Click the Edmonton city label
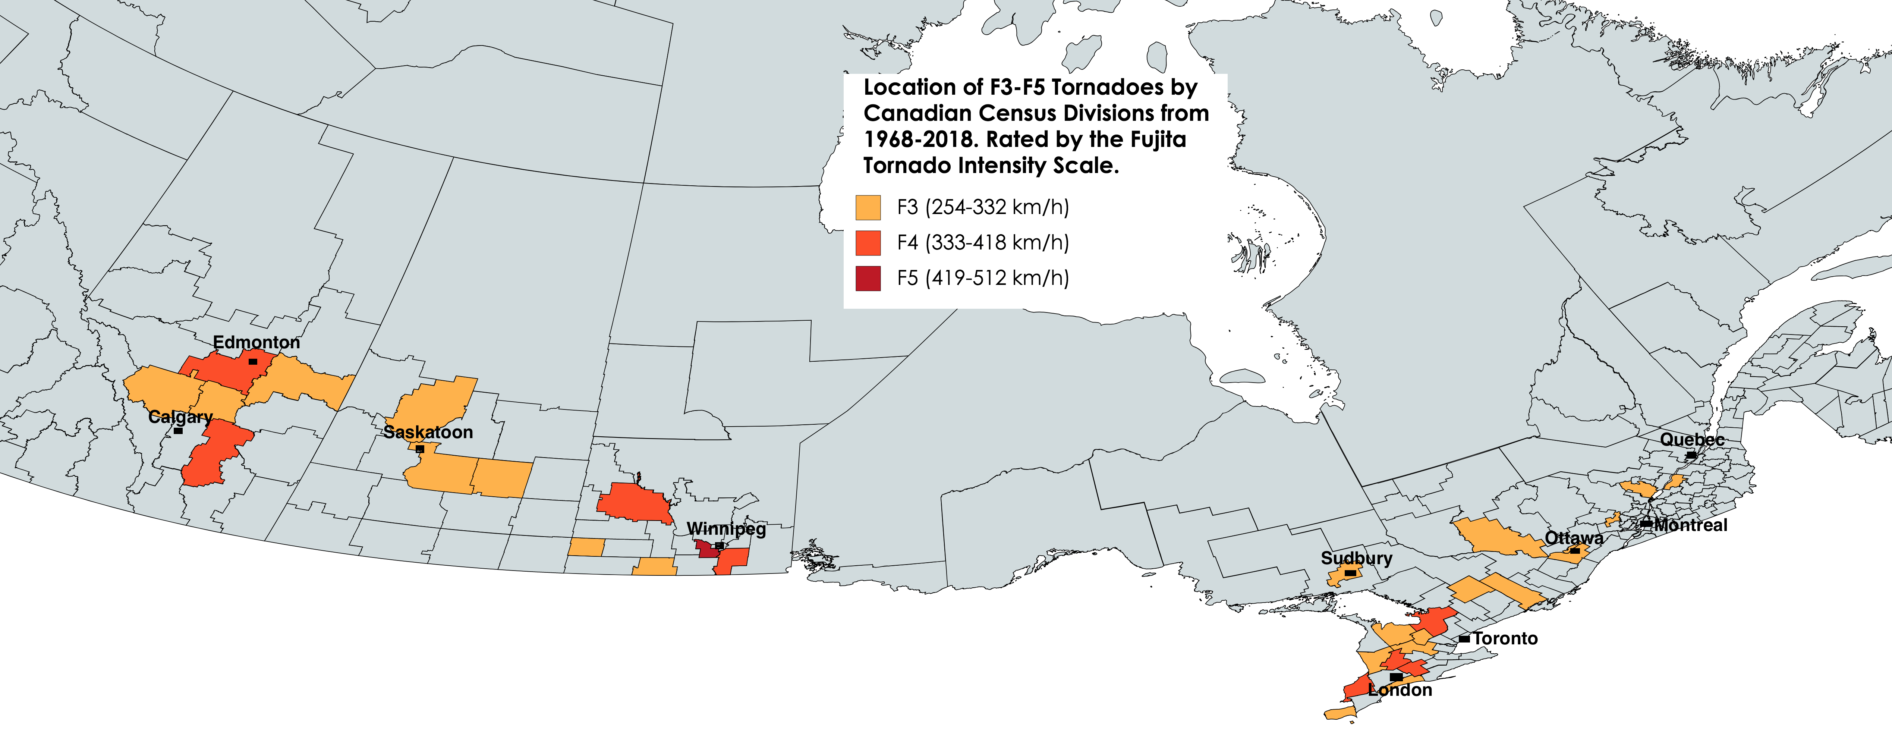tap(256, 342)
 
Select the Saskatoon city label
tap(428, 432)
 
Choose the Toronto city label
tap(1505, 639)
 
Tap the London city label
tap(1400, 690)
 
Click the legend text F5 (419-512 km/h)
tap(983, 278)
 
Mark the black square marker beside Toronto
tap(1464, 639)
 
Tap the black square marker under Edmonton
tap(253, 362)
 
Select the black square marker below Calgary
tap(178, 431)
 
